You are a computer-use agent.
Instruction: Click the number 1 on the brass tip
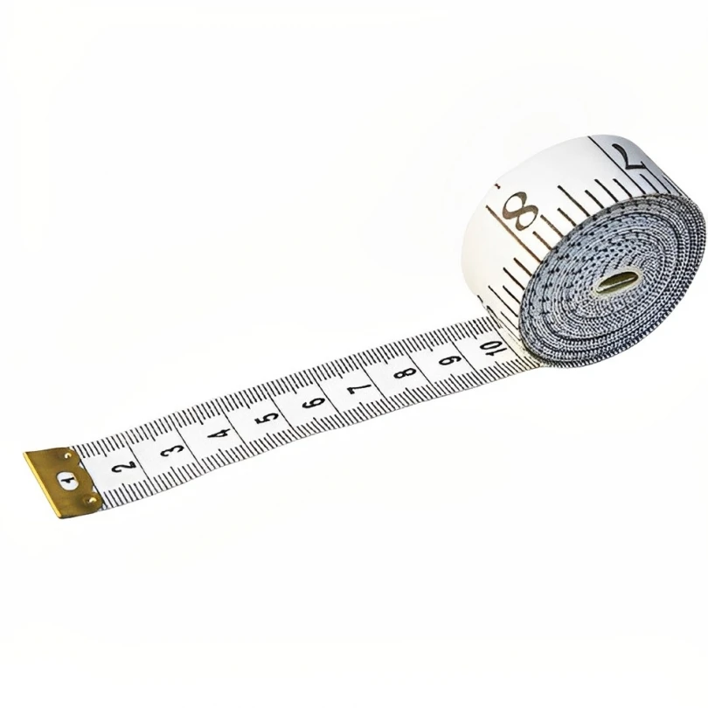(66, 480)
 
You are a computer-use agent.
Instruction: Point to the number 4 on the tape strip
(219, 431)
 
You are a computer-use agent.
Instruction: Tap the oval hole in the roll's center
(617, 282)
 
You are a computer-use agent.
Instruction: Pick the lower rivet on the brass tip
(87, 500)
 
